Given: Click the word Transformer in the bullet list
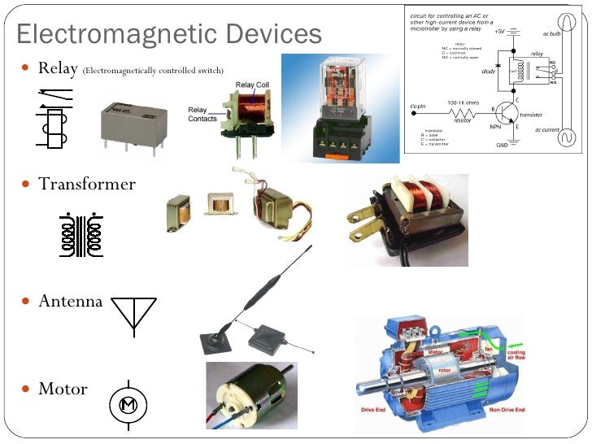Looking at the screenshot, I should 87,184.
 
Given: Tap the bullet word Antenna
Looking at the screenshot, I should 71,301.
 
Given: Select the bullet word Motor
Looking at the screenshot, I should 63,389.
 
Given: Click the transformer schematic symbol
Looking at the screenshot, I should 81,235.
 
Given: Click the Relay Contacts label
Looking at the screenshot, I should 202,115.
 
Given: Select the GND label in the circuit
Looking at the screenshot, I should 502,146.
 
